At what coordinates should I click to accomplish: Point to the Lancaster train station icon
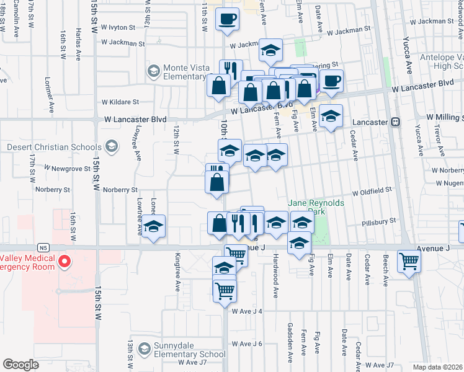[x=396, y=122]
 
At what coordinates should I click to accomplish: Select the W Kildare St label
[x=120, y=101]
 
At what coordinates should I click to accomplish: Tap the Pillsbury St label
[x=379, y=221]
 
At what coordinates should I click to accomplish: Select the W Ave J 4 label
[x=248, y=311]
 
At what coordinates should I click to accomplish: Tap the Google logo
[x=20, y=364]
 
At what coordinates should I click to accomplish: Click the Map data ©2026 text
[x=437, y=367]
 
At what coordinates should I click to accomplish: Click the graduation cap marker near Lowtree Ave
[x=153, y=227]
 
